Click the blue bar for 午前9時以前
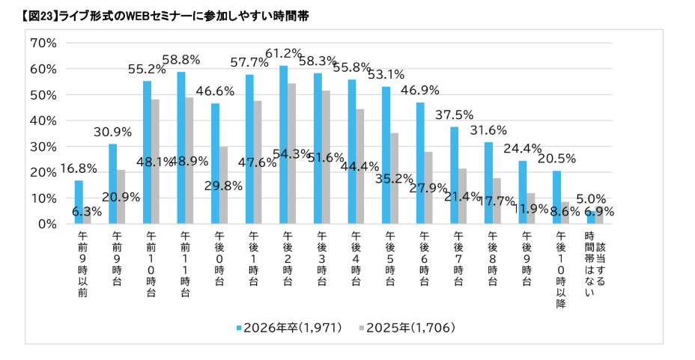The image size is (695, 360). (x=78, y=202)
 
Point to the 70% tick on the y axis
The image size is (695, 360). (x=42, y=43)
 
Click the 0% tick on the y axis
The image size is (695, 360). (x=46, y=224)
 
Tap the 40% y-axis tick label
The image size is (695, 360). (x=42, y=120)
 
